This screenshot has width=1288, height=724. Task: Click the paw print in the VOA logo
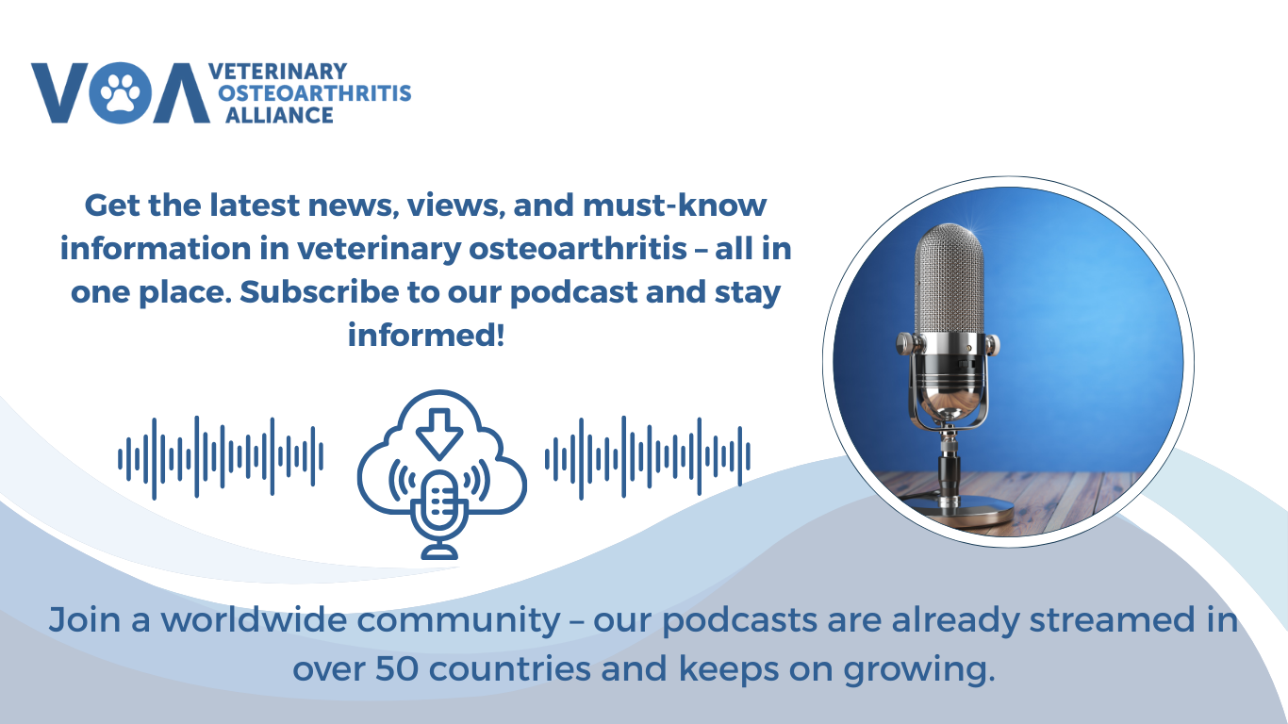tap(120, 92)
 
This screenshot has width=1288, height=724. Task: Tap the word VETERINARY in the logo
tap(278, 72)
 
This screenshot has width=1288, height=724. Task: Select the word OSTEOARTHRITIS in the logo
tap(315, 93)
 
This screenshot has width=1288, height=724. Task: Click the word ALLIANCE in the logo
tap(279, 115)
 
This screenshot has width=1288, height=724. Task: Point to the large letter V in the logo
tap(58, 92)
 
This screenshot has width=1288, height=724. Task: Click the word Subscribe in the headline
tap(319, 292)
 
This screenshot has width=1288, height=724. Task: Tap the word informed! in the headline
tap(426, 336)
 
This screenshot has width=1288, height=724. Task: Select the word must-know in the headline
tap(674, 206)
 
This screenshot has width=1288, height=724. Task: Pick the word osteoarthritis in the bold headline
tap(578, 249)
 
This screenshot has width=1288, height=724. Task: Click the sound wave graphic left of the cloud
tap(221, 457)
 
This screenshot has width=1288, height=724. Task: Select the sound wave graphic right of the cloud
tap(648, 457)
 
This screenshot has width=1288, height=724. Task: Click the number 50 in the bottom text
tap(397, 668)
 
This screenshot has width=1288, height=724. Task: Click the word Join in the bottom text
tap(85, 620)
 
